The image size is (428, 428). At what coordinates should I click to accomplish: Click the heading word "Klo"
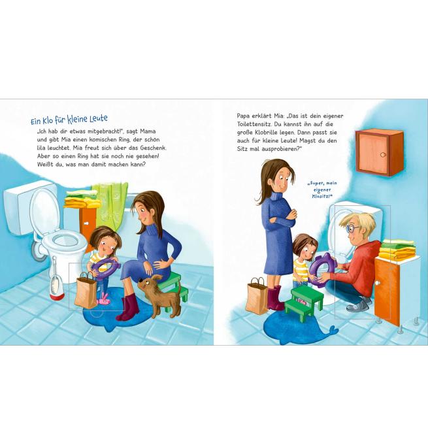[46, 120]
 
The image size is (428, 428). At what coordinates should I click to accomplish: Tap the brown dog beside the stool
[159, 295]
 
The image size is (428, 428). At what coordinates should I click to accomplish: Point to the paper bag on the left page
[86, 291]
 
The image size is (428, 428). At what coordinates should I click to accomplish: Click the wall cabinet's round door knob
[383, 155]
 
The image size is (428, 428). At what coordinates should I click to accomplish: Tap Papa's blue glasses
[352, 228]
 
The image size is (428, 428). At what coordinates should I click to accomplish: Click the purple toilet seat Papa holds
[322, 266]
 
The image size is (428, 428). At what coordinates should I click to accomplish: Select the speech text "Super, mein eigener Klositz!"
[322, 189]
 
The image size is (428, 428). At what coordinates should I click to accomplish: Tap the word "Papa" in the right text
[243, 116]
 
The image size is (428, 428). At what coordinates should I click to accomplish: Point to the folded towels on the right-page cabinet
[398, 249]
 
